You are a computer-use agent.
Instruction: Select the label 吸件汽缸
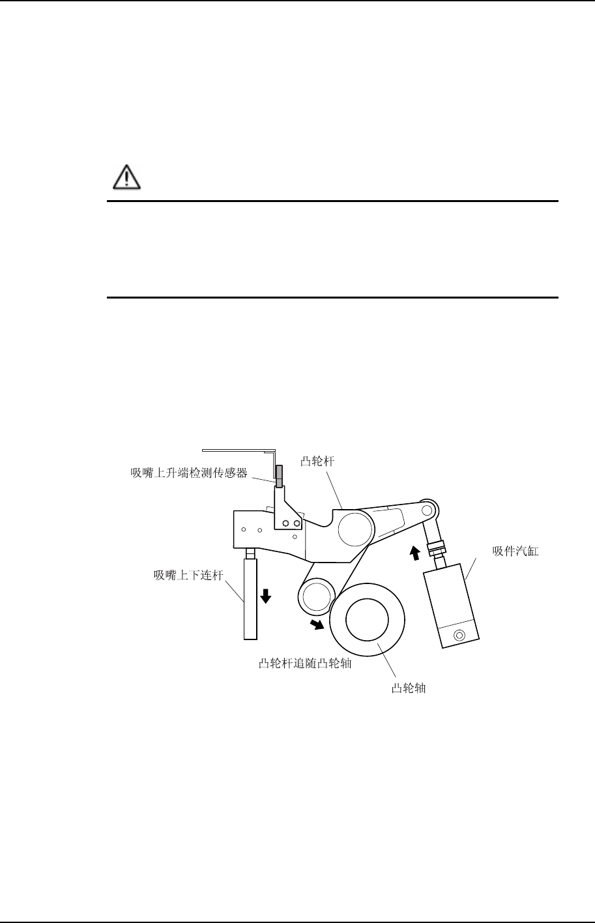pyautogui.click(x=517, y=551)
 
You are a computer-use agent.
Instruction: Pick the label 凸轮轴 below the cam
pyautogui.click(x=409, y=688)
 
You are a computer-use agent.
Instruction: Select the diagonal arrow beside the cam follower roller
pyautogui.click(x=317, y=624)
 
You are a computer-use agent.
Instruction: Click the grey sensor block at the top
pyautogui.click(x=279, y=475)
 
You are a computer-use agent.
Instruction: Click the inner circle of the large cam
pyautogui.click(x=368, y=618)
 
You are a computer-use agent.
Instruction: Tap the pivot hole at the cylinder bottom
pyautogui.click(x=460, y=634)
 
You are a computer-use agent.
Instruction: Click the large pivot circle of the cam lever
pyautogui.click(x=355, y=527)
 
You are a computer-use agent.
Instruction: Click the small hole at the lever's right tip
pyautogui.click(x=428, y=508)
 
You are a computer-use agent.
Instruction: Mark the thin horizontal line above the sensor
pyautogui.click(x=239, y=450)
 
